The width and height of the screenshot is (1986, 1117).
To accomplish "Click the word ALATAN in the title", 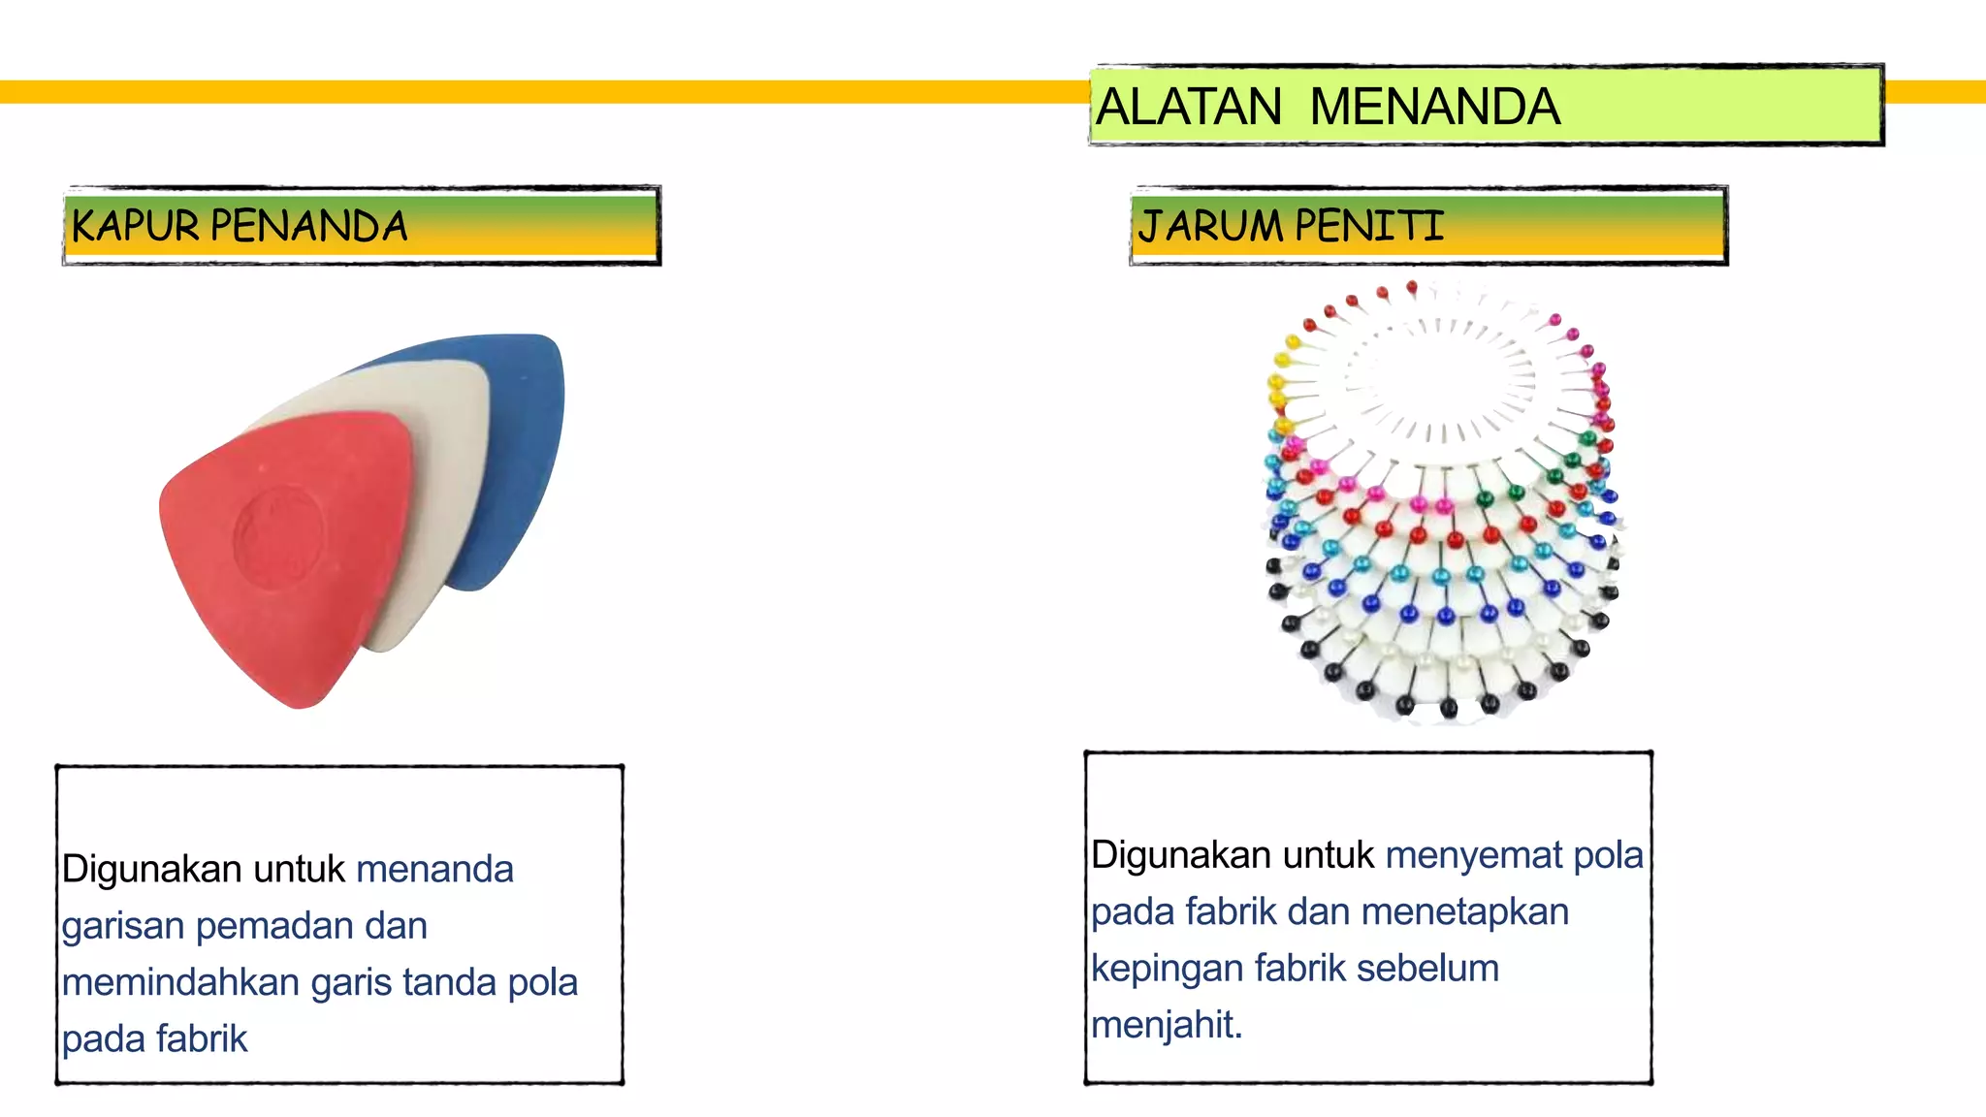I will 1189,107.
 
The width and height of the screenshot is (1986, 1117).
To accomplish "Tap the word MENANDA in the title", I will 1434,107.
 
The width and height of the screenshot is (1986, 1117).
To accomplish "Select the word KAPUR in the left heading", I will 136,226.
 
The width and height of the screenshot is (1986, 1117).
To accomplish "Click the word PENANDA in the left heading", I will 308,226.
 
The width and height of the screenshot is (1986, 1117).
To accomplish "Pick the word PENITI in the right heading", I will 1369,226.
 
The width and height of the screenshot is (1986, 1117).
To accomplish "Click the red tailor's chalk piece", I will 281,562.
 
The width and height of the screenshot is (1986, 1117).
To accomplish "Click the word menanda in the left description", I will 434,870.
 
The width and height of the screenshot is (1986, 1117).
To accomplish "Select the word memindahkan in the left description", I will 180,983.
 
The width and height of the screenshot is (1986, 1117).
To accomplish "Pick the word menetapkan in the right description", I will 1464,912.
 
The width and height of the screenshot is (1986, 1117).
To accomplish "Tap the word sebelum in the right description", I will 1427,969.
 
